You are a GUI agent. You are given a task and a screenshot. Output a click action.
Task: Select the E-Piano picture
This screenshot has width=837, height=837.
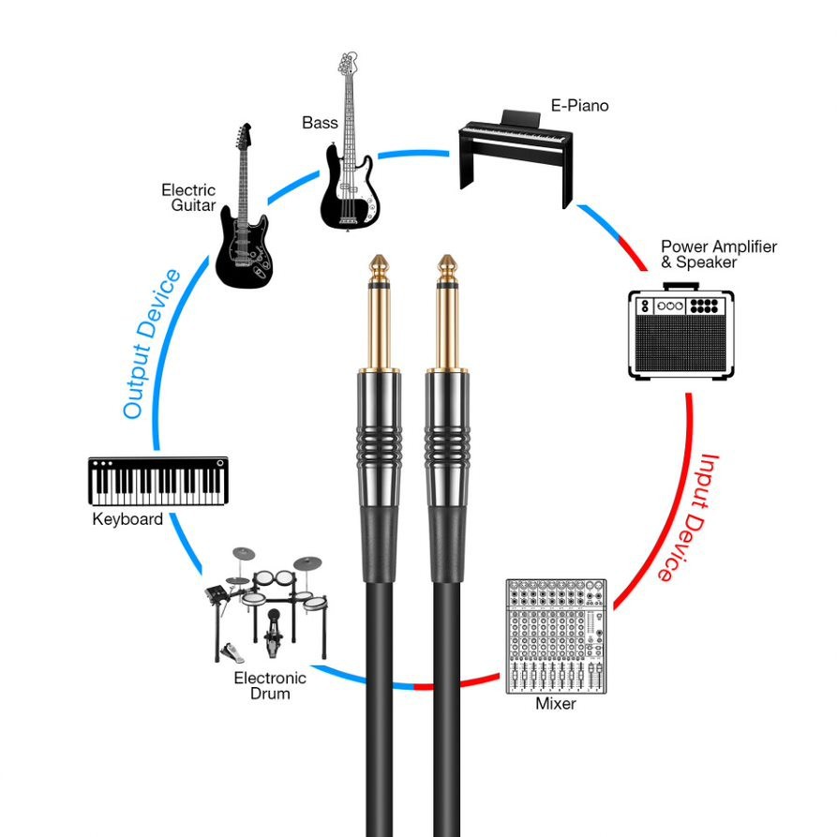click(x=515, y=155)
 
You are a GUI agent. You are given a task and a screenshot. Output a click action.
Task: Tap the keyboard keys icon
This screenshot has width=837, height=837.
click(x=158, y=482)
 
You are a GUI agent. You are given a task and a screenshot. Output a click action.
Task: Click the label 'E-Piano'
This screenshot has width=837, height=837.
click(x=579, y=106)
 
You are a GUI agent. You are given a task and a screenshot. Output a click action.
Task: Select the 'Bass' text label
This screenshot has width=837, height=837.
click(x=320, y=123)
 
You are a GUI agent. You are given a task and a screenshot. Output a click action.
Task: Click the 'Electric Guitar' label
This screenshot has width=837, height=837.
click(x=188, y=198)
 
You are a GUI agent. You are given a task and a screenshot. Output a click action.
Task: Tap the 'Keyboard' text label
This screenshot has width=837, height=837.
click(x=127, y=519)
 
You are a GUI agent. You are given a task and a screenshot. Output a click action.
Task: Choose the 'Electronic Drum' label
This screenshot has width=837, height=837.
click(x=270, y=686)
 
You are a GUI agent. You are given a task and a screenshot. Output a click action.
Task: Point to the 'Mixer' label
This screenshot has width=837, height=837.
click(x=556, y=704)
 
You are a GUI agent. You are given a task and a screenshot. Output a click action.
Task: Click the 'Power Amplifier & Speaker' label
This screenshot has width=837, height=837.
click(x=718, y=254)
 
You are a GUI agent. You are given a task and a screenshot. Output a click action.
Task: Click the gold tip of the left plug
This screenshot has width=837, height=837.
click(x=379, y=267)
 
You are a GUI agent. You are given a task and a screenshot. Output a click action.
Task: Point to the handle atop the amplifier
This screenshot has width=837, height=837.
click(x=680, y=283)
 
